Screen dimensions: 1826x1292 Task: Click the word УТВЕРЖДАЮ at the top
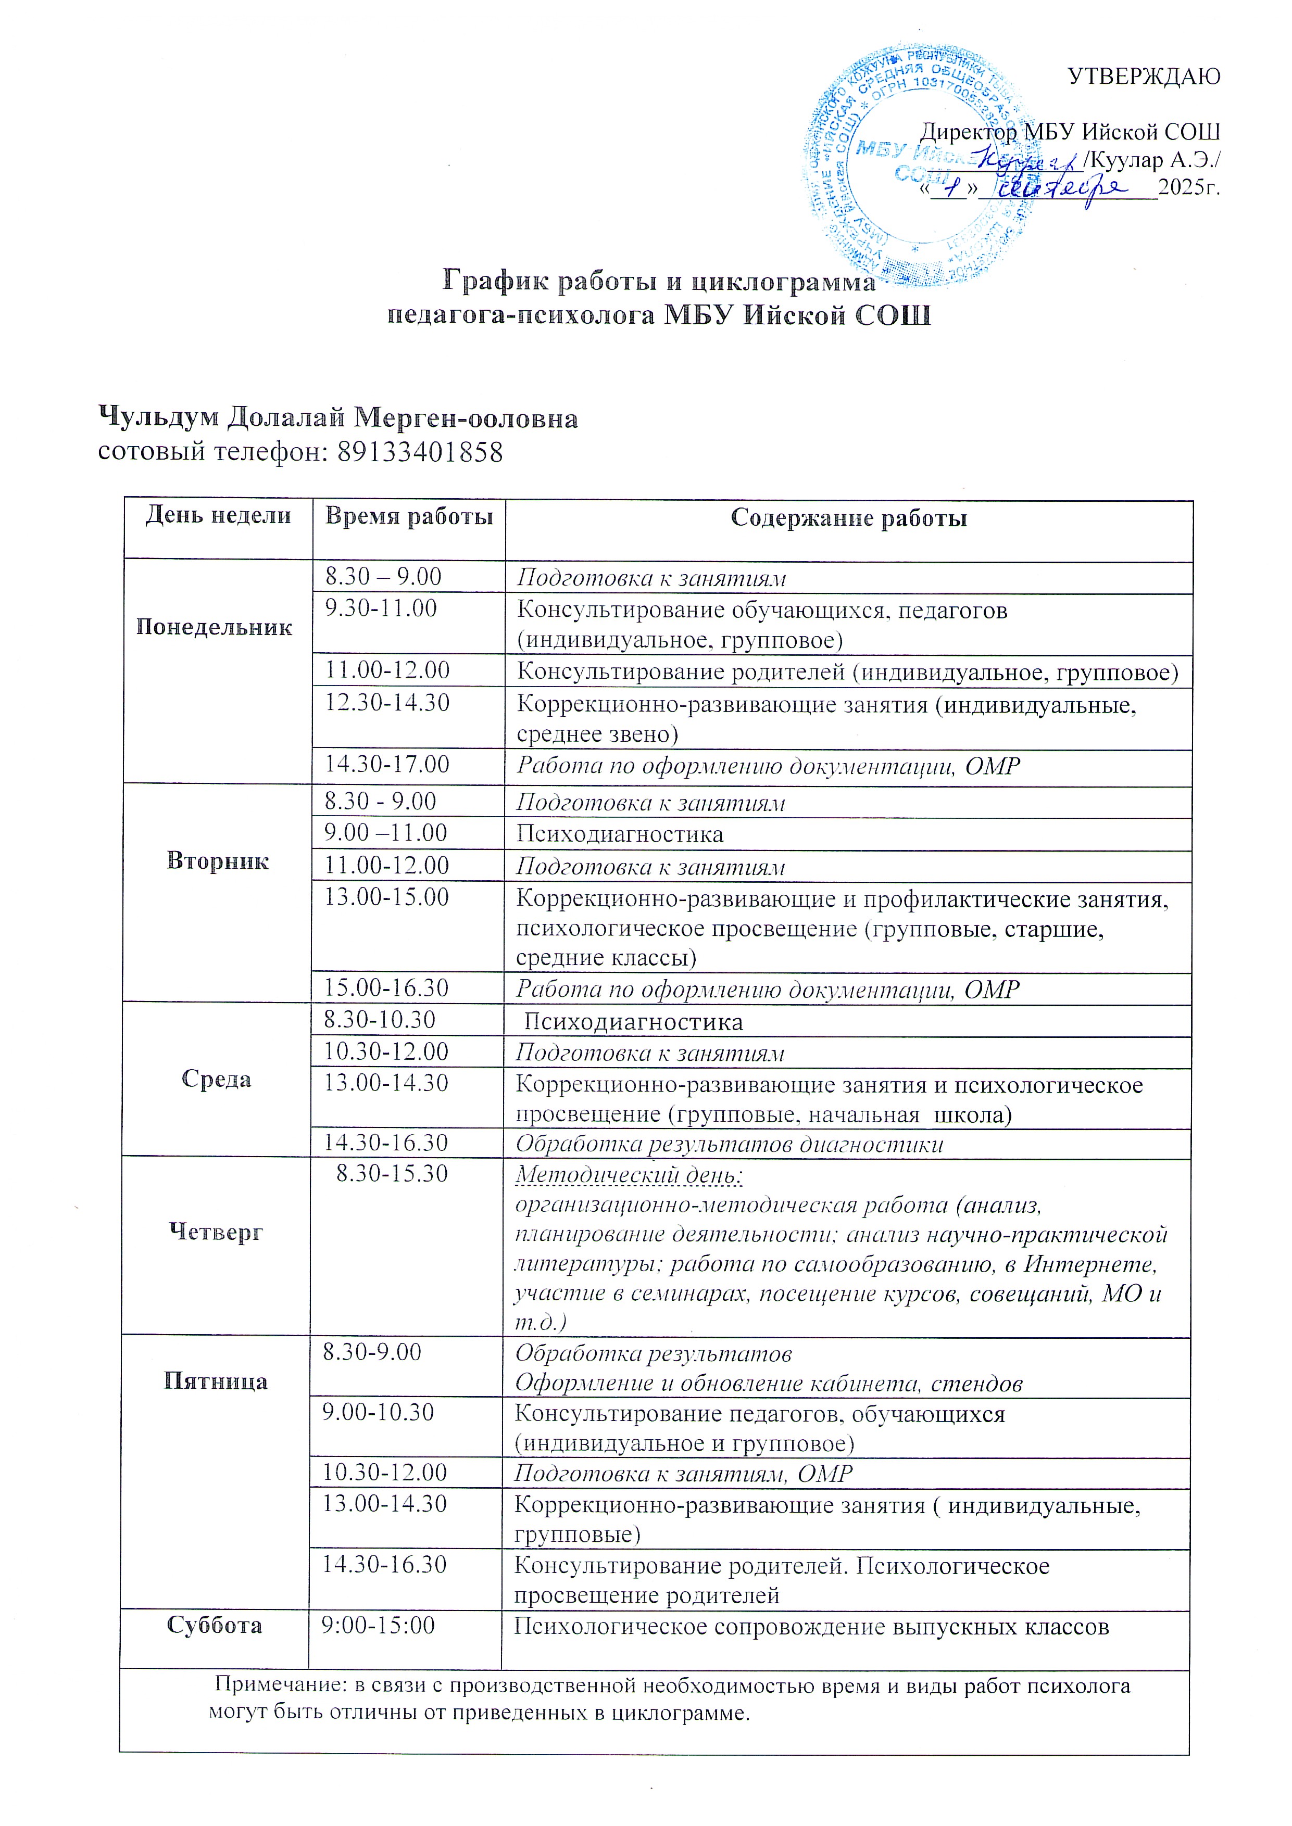tap(1143, 77)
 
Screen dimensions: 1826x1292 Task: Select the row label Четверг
tap(216, 1232)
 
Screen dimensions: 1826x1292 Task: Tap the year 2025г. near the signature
tap(1188, 188)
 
